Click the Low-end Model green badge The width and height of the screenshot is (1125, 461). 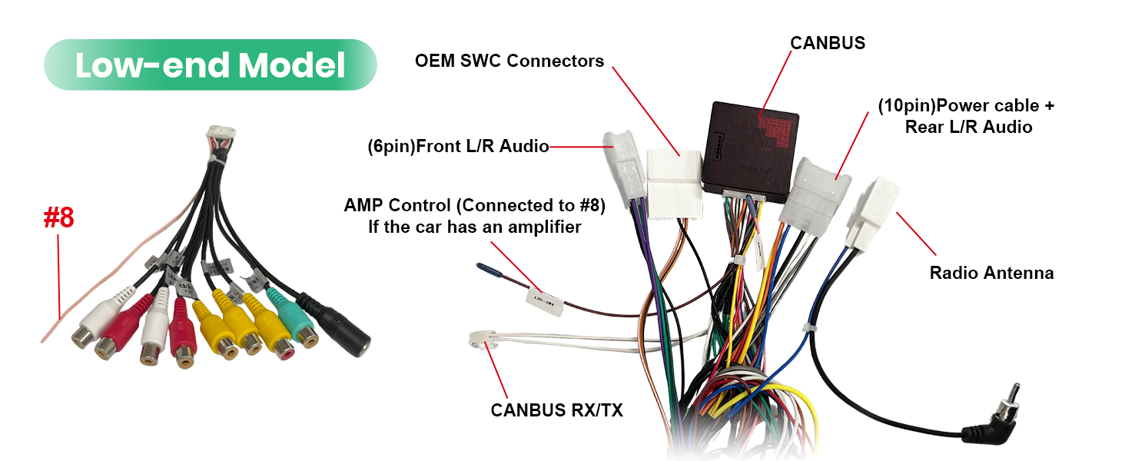(x=211, y=65)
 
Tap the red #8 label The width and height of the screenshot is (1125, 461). (x=58, y=218)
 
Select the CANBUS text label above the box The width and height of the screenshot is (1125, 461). (x=828, y=43)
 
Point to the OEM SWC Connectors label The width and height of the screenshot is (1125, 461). (x=509, y=61)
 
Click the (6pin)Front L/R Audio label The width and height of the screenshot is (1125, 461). (x=458, y=146)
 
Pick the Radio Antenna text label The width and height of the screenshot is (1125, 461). (x=991, y=273)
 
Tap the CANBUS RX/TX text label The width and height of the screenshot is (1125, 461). (x=556, y=410)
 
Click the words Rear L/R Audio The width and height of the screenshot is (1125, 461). (x=968, y=128)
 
